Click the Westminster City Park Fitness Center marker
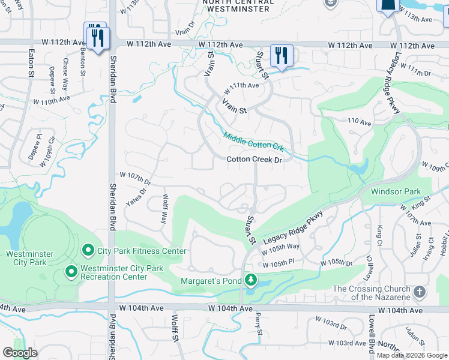[88, 250]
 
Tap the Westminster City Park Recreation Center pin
[71, 272]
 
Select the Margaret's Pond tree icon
[250, 281]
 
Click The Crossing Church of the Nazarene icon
[420, 293]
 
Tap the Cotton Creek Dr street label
[254, 160]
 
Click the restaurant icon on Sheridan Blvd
[96, 37]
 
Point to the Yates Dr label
[136, 196]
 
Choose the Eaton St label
[29, 62]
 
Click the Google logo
[20, 353]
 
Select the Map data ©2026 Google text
[412, 355]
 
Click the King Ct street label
[380, 235]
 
